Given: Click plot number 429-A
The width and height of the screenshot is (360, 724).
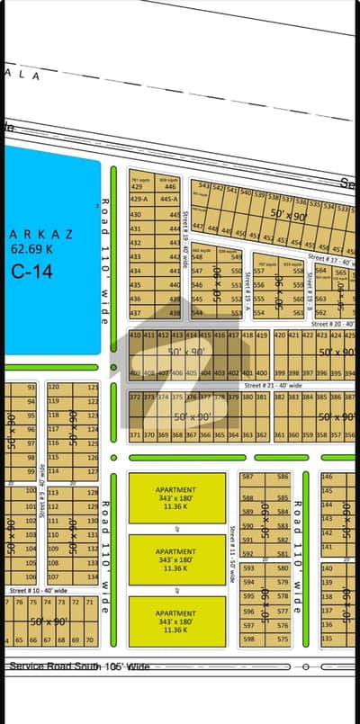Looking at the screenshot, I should (139, 199).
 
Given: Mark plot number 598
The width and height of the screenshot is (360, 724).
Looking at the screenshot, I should (249, 639).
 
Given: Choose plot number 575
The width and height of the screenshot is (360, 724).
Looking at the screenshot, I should (283, 639).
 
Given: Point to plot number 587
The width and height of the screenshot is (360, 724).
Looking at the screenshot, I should (249, 476).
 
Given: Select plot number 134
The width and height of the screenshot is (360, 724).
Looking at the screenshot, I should (91, 576).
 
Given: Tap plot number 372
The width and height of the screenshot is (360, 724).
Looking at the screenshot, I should (135, 397).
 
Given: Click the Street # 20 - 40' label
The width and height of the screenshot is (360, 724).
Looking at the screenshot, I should (333, 323).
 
